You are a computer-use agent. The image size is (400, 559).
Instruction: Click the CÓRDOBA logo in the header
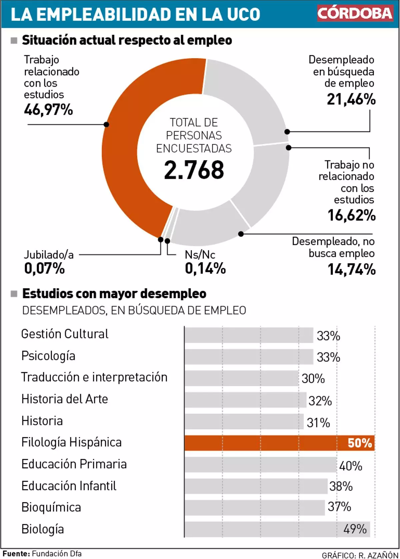coord(355,13)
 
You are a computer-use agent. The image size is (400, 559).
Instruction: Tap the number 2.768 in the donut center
coord(194,170)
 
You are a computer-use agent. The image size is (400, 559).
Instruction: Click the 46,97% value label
coord(48,110)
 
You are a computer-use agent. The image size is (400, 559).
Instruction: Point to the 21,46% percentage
coord(351,99)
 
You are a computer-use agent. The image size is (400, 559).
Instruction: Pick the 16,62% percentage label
coord(351,215)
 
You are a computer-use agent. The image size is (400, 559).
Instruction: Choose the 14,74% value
coord(351,269)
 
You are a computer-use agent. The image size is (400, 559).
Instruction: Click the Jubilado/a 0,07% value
coord(44,268)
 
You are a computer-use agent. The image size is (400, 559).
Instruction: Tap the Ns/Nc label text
coord(200,255)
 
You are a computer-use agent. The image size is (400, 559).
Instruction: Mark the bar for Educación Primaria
coord(260,465)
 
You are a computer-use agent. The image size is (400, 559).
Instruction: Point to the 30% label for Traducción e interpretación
coord(313,379)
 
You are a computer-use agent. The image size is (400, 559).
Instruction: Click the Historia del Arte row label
coord(65,399)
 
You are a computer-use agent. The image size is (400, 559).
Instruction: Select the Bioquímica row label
coord(51,507)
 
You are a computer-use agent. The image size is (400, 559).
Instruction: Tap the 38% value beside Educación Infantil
coord(341,486)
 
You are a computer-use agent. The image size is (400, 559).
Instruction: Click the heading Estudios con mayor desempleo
coord(114,294)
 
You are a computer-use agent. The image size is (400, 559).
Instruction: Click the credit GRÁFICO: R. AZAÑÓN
coord(360,555)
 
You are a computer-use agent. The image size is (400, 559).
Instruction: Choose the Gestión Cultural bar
coord(249,335)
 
